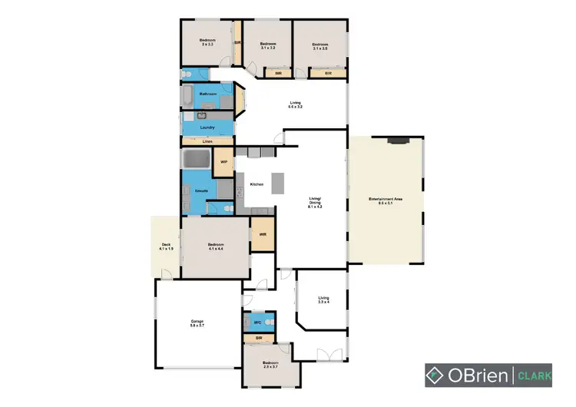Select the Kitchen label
(256, 184)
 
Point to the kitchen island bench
(277, 182)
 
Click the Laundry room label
(207, 127)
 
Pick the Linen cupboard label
(207, 142)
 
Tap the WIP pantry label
(224, 162)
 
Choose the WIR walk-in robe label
(262, 234)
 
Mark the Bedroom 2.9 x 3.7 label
(270, 364)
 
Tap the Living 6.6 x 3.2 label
(296, 104)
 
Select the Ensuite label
(202, 190)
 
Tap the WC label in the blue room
(258, 323)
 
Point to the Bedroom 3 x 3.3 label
(207, 42)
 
